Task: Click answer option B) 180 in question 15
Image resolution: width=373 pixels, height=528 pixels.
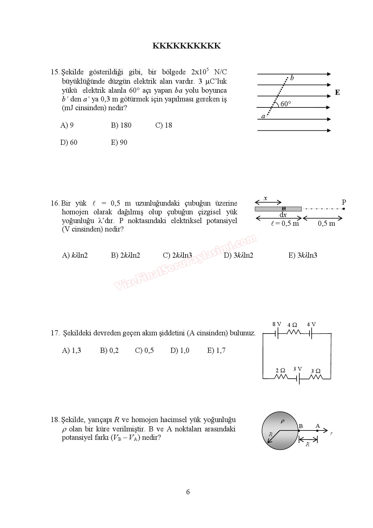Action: pos(121,125)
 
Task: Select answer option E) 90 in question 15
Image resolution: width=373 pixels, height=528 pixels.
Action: pos(119,142)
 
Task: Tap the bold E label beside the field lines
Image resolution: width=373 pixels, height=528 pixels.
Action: pos(338,92)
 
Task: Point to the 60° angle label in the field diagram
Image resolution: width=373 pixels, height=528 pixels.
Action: pos(286,104)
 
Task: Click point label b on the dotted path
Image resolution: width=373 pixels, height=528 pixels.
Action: pos(292,78)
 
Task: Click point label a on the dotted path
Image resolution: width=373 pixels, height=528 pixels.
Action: pos(263,116)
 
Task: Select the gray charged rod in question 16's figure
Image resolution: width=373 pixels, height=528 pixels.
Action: pos(278,209)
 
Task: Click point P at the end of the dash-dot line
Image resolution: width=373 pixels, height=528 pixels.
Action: pos(344,208)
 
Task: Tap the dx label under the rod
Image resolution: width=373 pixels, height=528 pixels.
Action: pos(283,215)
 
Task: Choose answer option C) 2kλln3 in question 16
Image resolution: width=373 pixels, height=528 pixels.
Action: pos(177,255)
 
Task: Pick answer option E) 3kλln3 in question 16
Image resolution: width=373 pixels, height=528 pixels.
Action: pos(303,255)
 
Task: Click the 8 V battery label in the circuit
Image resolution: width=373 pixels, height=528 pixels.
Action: pos(277,324)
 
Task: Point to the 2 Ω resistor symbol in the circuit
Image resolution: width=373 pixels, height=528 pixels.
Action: pos(280,377)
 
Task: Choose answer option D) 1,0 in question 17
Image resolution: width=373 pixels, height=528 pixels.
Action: pos(180,350)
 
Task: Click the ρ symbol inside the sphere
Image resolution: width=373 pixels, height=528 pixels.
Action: pos(282,421)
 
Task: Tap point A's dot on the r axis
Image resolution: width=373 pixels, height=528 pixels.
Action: pos(317,431)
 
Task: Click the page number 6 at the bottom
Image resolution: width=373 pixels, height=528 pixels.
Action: pos(188,492)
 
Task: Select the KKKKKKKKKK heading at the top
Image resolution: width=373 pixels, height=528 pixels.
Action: pos(186,46)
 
